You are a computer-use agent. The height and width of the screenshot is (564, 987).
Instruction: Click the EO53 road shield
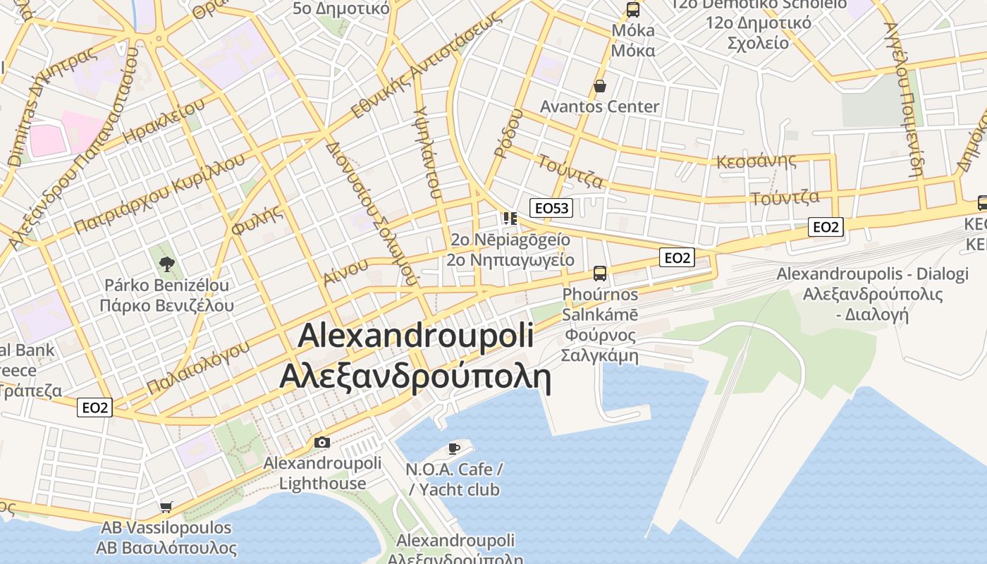point(551,207)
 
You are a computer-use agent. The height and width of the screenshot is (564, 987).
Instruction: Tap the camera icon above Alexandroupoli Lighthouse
point(322,443)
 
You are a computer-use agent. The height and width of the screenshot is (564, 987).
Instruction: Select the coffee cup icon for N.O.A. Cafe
point(454,448)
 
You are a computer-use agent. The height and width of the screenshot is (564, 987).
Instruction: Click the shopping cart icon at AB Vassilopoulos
point(166,507)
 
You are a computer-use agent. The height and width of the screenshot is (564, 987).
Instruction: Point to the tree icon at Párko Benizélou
point(167,264)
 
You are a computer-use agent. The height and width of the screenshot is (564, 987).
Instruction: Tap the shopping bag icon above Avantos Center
point(600,86)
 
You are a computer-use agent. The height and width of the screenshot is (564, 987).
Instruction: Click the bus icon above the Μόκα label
point(633,10)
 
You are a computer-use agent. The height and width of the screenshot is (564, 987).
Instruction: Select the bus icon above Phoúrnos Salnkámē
point(600,273)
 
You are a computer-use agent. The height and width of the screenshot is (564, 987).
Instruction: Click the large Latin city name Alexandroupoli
point(415,336)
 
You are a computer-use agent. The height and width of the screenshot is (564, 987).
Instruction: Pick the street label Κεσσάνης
point(756,161)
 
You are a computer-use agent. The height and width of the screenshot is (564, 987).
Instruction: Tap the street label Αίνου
point(345,271)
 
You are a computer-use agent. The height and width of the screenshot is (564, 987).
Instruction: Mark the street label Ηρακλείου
point(164,121)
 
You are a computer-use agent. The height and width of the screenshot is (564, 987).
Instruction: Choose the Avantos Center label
point(599,106)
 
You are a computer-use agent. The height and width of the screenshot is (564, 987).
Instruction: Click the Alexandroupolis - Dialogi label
point(873,274)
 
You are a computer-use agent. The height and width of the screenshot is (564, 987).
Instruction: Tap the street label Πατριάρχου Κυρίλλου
point(160,192)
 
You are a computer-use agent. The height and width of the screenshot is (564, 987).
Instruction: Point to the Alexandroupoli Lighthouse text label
point(322,473)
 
